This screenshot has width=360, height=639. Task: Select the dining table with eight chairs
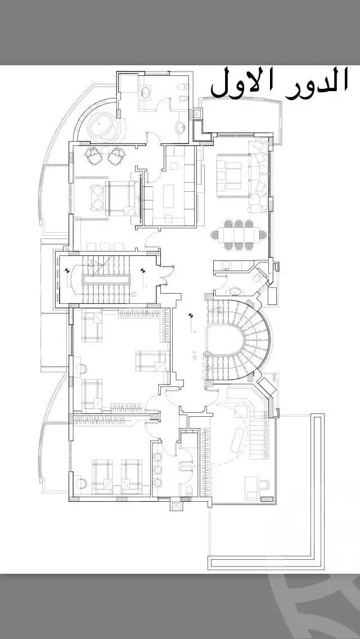click(x=238, y=235)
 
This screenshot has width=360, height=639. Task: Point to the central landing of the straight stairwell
click(x=106, y=279)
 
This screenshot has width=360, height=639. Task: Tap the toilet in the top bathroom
click(x=183, y=87)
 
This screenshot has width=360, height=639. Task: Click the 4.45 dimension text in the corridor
click(x=193, y=355)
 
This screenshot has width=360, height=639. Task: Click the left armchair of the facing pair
click(x=92, y=154)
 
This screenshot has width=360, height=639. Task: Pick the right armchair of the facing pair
click(x=116, y=154)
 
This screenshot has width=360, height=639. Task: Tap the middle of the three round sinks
click(x=157, y=469)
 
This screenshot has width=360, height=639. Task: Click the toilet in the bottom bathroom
click(x=188, y=490)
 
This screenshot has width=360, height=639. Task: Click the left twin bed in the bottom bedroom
click(x=102, y=476)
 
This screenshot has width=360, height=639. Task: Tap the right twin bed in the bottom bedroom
click(x=132, y=476)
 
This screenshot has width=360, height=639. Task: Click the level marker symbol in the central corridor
click(x=191, y=317)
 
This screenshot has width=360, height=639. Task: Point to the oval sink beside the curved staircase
click(x=236, y=291)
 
